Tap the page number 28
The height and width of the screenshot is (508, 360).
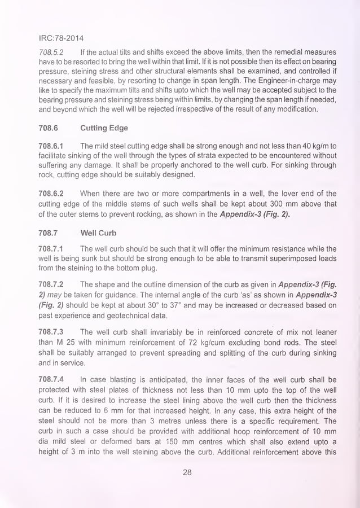pos(187,473)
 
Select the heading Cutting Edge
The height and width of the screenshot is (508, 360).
pos(104,128)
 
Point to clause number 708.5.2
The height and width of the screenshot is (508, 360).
pos(49,52)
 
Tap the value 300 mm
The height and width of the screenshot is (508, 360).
pos(282,204)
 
